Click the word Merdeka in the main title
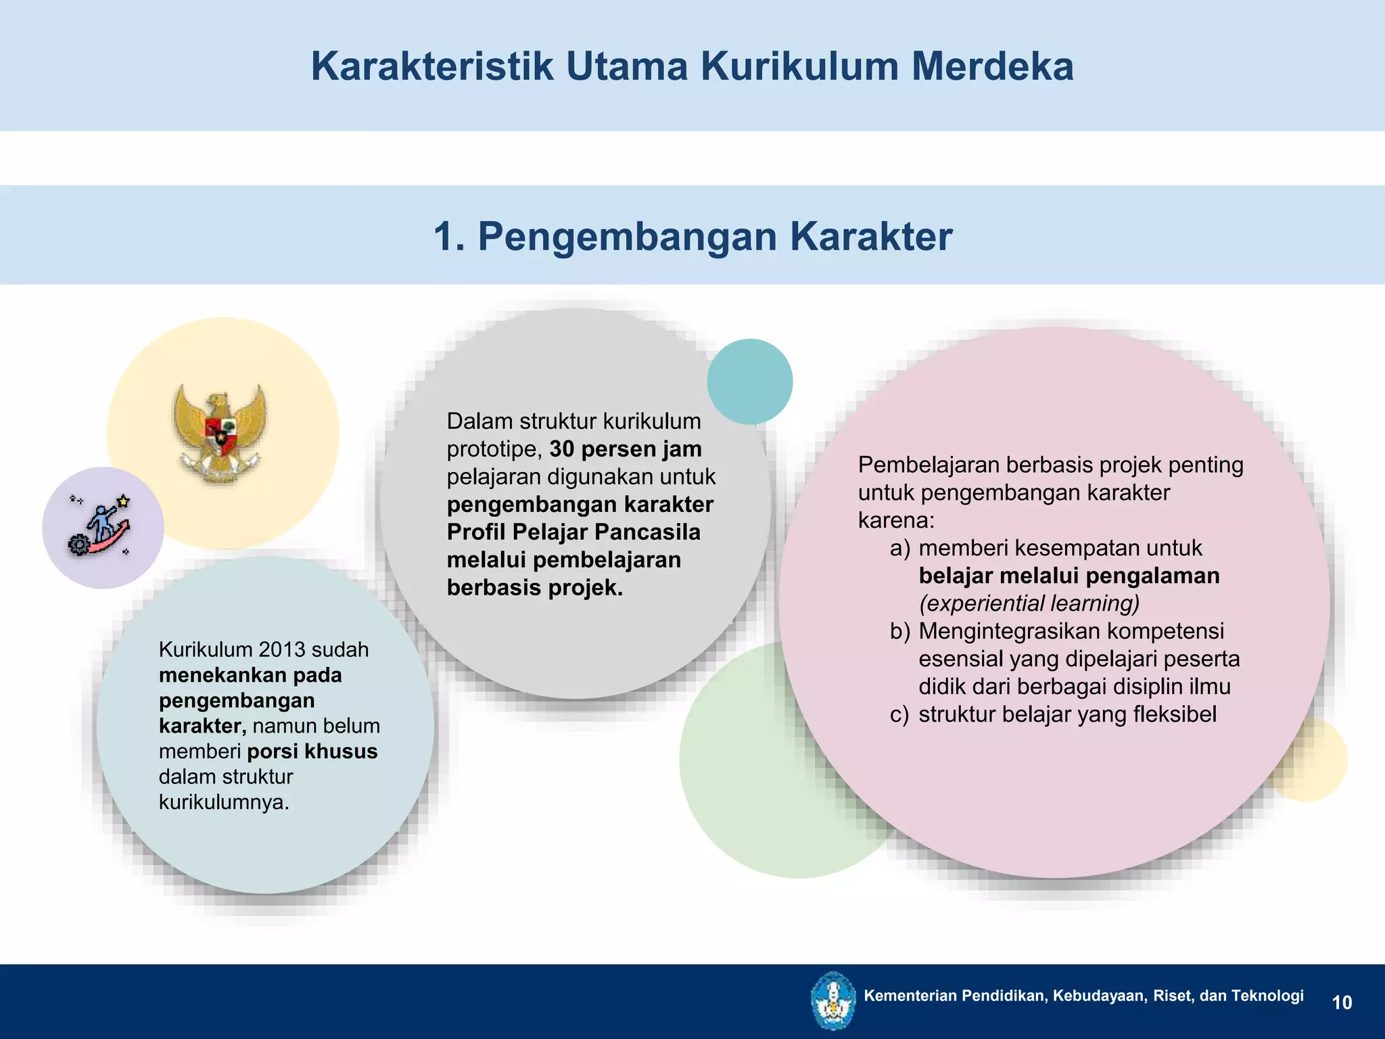click(992, 66)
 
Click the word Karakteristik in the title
click(431, 66)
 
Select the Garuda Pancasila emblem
click(220, 432)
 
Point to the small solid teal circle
click(749, 382)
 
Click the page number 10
click(1342, 1002)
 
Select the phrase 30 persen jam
click(626, 449)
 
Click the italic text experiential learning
click(1029, 603)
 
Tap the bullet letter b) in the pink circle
click(899, 631)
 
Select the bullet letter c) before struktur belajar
click(899, 714)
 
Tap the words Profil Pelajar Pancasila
click(573, 532)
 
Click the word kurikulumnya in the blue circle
click(223, 802)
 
